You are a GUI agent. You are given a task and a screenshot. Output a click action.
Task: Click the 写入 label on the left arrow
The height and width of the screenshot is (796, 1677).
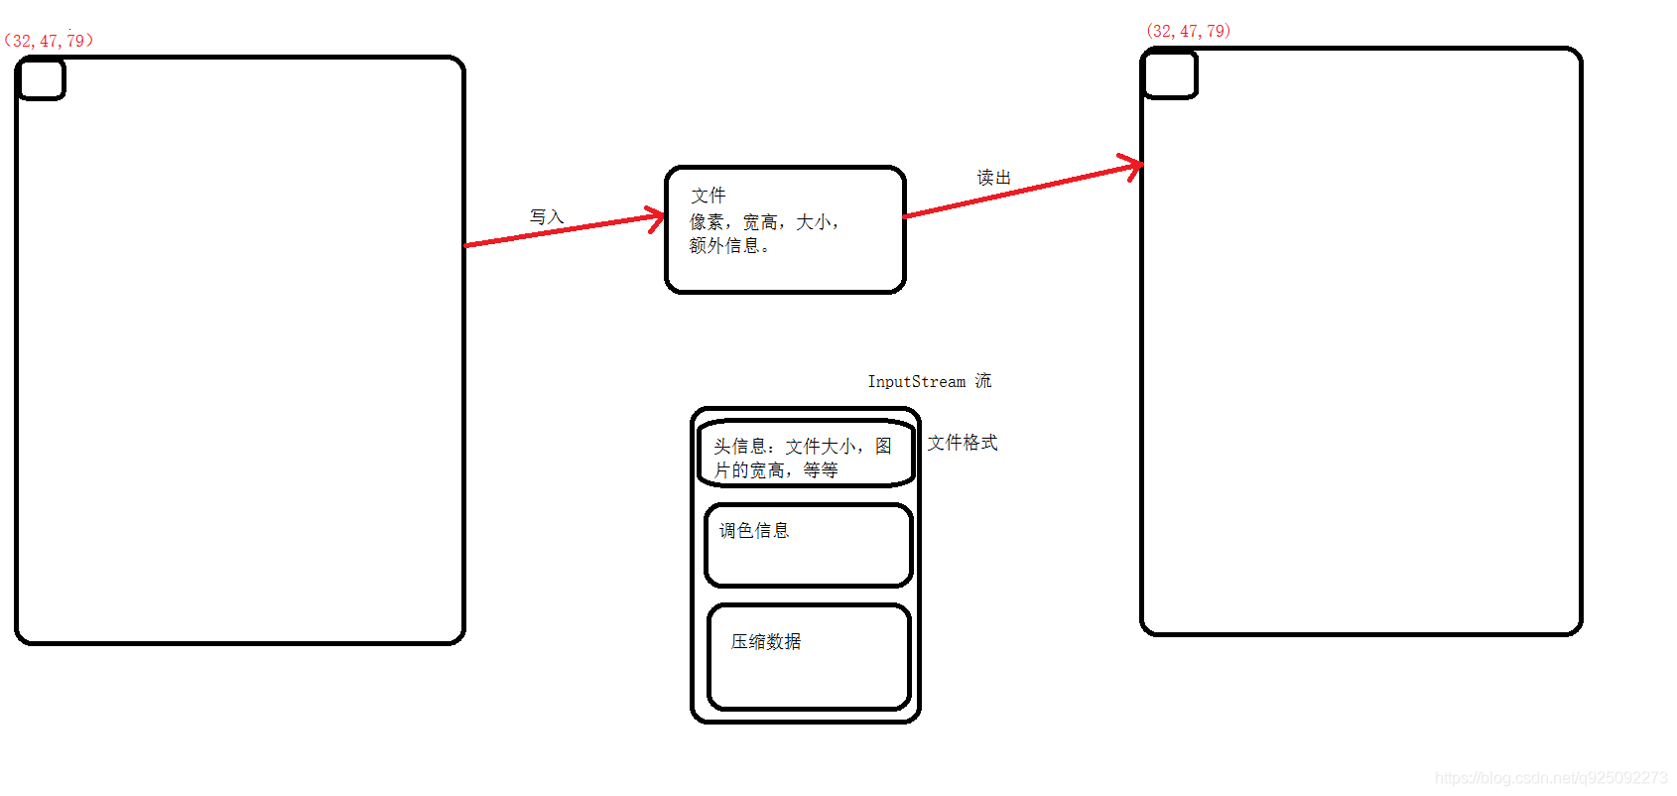546,216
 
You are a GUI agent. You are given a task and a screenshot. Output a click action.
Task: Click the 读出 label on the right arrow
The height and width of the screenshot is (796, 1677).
993,178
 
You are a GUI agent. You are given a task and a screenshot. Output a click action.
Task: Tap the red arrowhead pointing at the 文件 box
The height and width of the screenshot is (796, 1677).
657,218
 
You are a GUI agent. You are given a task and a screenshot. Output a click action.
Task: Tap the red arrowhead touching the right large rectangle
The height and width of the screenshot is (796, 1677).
1134,166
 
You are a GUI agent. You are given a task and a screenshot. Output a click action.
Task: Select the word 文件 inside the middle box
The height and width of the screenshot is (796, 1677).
709,196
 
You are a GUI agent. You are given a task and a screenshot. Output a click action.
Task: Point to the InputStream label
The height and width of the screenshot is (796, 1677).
916,381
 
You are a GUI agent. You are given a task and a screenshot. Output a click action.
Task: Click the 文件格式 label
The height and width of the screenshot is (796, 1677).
962,443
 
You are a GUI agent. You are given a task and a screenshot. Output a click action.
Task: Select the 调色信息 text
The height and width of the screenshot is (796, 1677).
753,531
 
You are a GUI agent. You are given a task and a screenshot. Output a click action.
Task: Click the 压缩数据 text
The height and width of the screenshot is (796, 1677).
765,642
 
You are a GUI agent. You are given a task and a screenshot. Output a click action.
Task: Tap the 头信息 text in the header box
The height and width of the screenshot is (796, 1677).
739,447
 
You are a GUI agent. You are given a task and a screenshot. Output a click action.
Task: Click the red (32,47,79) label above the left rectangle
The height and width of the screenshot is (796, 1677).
49,41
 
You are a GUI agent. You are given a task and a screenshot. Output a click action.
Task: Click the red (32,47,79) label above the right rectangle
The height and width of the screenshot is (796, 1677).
1188,31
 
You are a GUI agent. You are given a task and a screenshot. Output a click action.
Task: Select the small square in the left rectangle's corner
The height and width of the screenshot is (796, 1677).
42,79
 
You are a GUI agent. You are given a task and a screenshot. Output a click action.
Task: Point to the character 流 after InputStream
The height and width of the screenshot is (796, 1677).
982,381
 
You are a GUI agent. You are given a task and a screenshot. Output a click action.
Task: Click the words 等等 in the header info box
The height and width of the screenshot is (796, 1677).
821,470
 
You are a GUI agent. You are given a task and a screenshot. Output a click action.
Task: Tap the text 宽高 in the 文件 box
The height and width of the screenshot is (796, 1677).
760,222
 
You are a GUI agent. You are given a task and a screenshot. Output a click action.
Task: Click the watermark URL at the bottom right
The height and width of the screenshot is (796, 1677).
1551,778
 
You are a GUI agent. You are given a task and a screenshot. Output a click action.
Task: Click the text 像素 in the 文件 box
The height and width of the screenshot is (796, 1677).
707,222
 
